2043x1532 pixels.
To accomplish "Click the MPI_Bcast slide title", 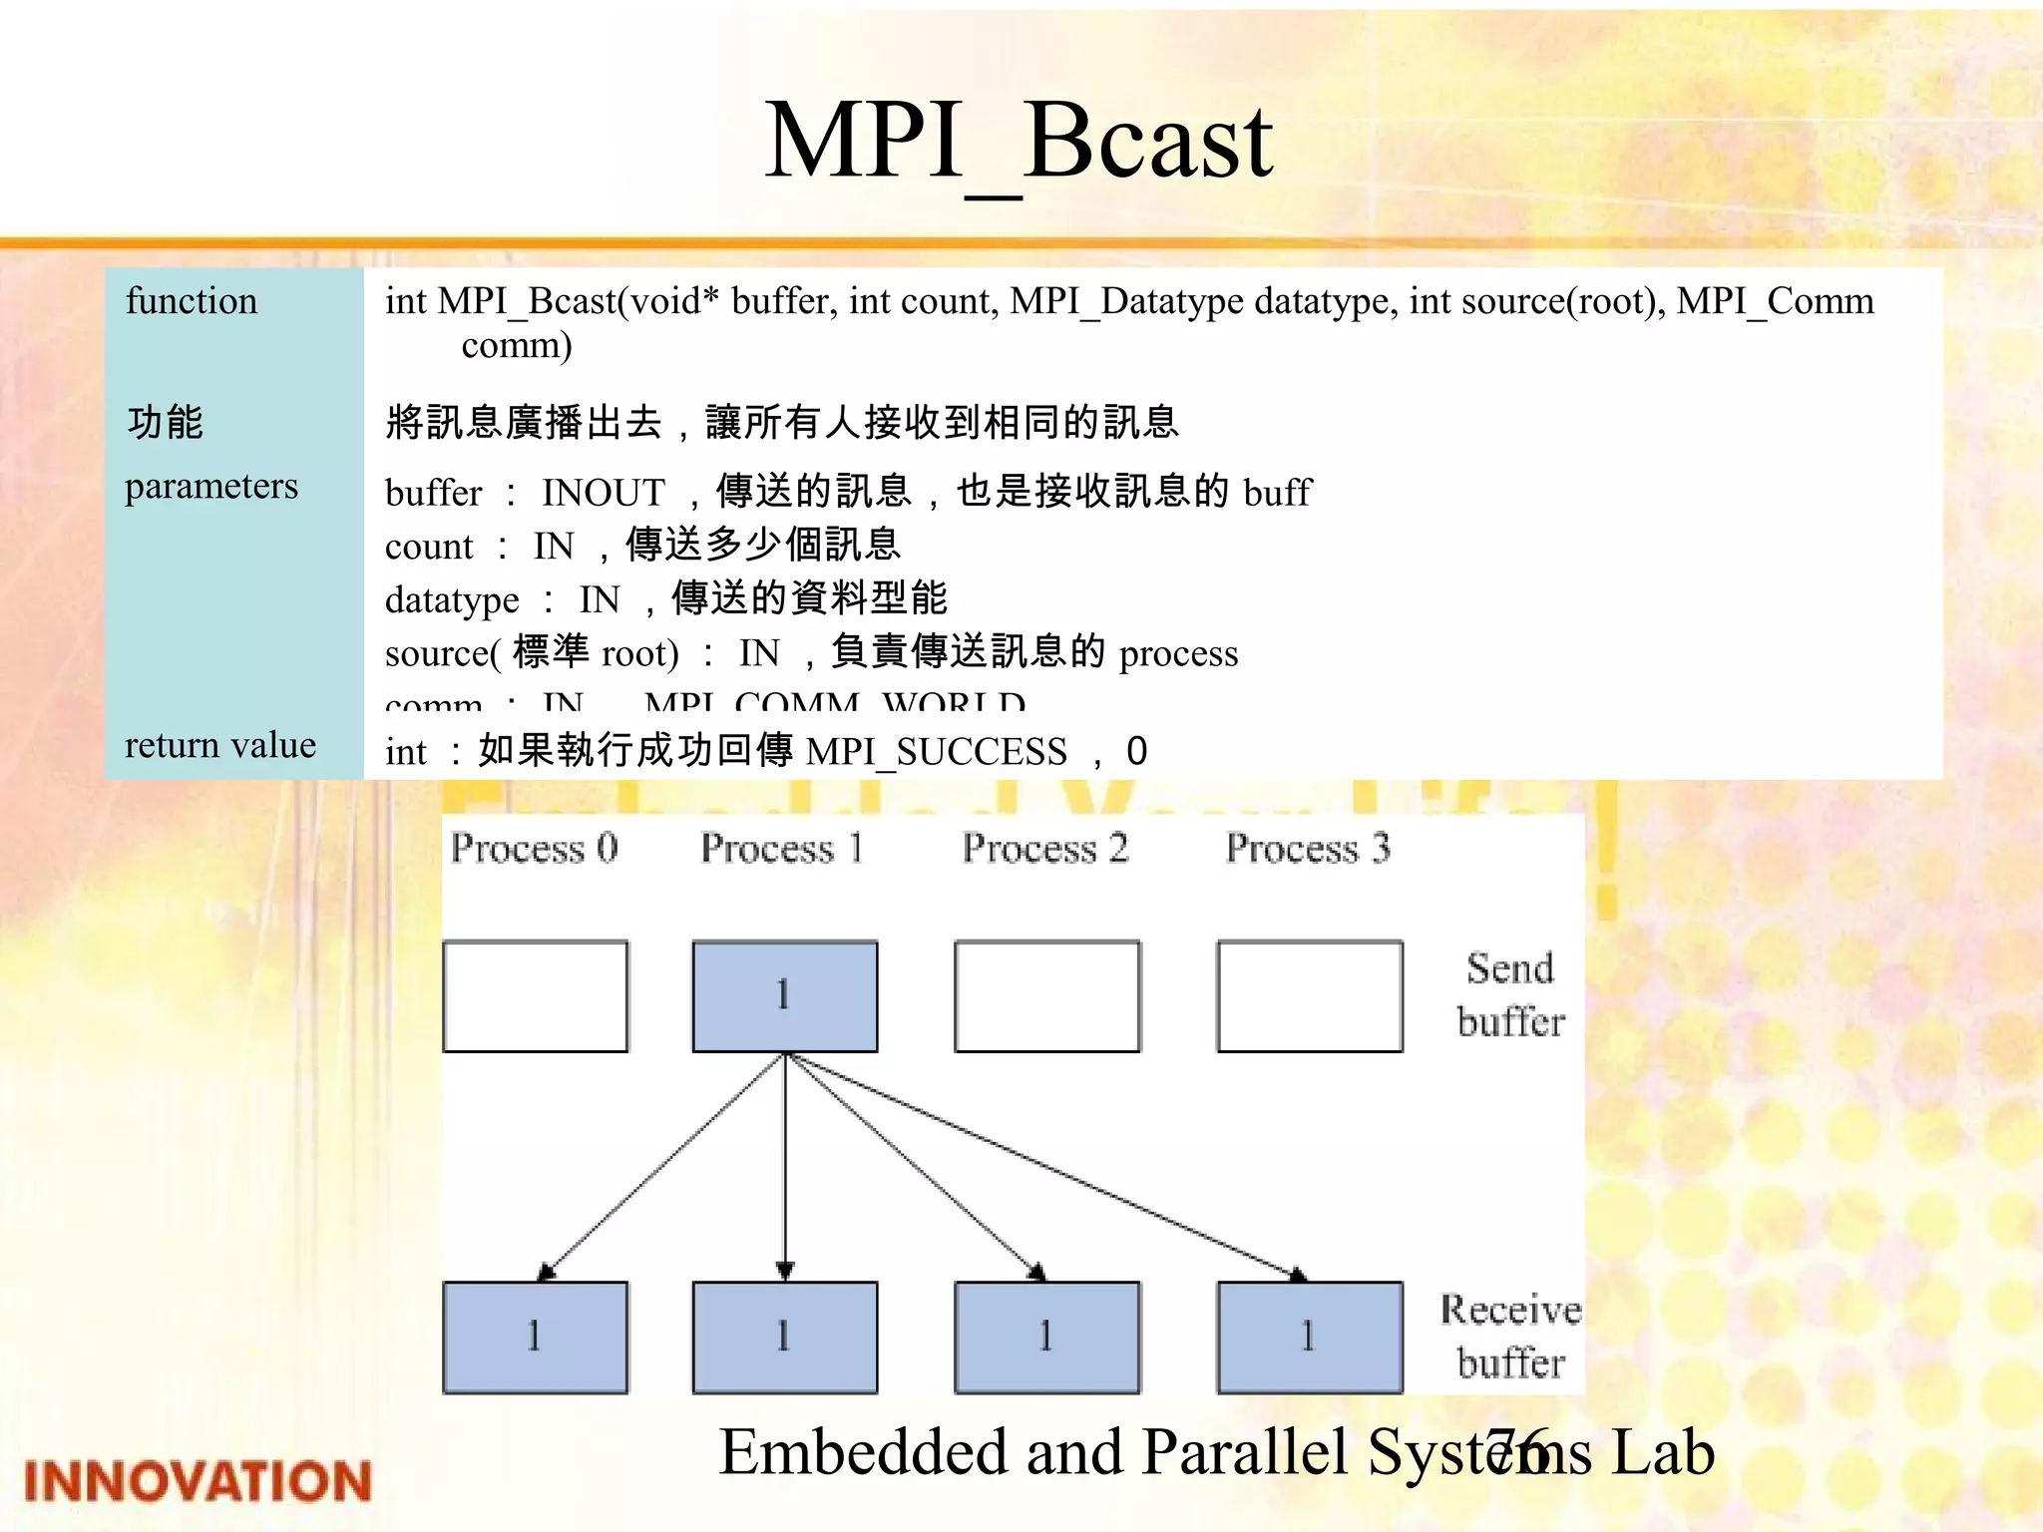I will click(x=1019, y=143).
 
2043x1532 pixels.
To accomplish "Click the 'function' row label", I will click(x=191, y=301).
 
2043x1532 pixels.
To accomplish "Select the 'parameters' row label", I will click(x=210, y=486).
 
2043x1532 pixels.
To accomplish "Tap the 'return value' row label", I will click(x=219, y=745).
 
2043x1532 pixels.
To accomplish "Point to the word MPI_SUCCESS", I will click(x=936, y=751).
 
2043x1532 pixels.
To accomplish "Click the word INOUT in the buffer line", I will click(x=603, y=493).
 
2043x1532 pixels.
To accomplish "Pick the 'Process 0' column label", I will click(x=534, y=848).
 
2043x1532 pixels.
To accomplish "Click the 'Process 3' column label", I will click(x=1308, y=848).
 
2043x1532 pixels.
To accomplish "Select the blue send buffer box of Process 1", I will click(x=785, y=995).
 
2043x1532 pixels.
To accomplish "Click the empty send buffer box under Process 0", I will click(x=536, y=995).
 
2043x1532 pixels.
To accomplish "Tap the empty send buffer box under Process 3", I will click(x=1310, y=995).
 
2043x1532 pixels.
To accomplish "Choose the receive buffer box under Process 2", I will click(x=1047, y=1337).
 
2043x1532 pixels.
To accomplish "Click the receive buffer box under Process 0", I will click(x=536, y=1337).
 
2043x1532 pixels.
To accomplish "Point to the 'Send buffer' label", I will click(x=1510, y=994).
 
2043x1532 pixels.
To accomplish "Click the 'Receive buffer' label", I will click(x=1510, y=1336).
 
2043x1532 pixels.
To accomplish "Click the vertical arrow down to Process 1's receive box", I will click(x=785, y=1167).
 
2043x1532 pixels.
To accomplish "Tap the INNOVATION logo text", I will click(x=197, y=1481).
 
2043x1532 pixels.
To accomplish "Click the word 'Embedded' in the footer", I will click(x=864, y=1452).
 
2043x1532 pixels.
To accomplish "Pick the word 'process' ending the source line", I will click(x=1178, y=653).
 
